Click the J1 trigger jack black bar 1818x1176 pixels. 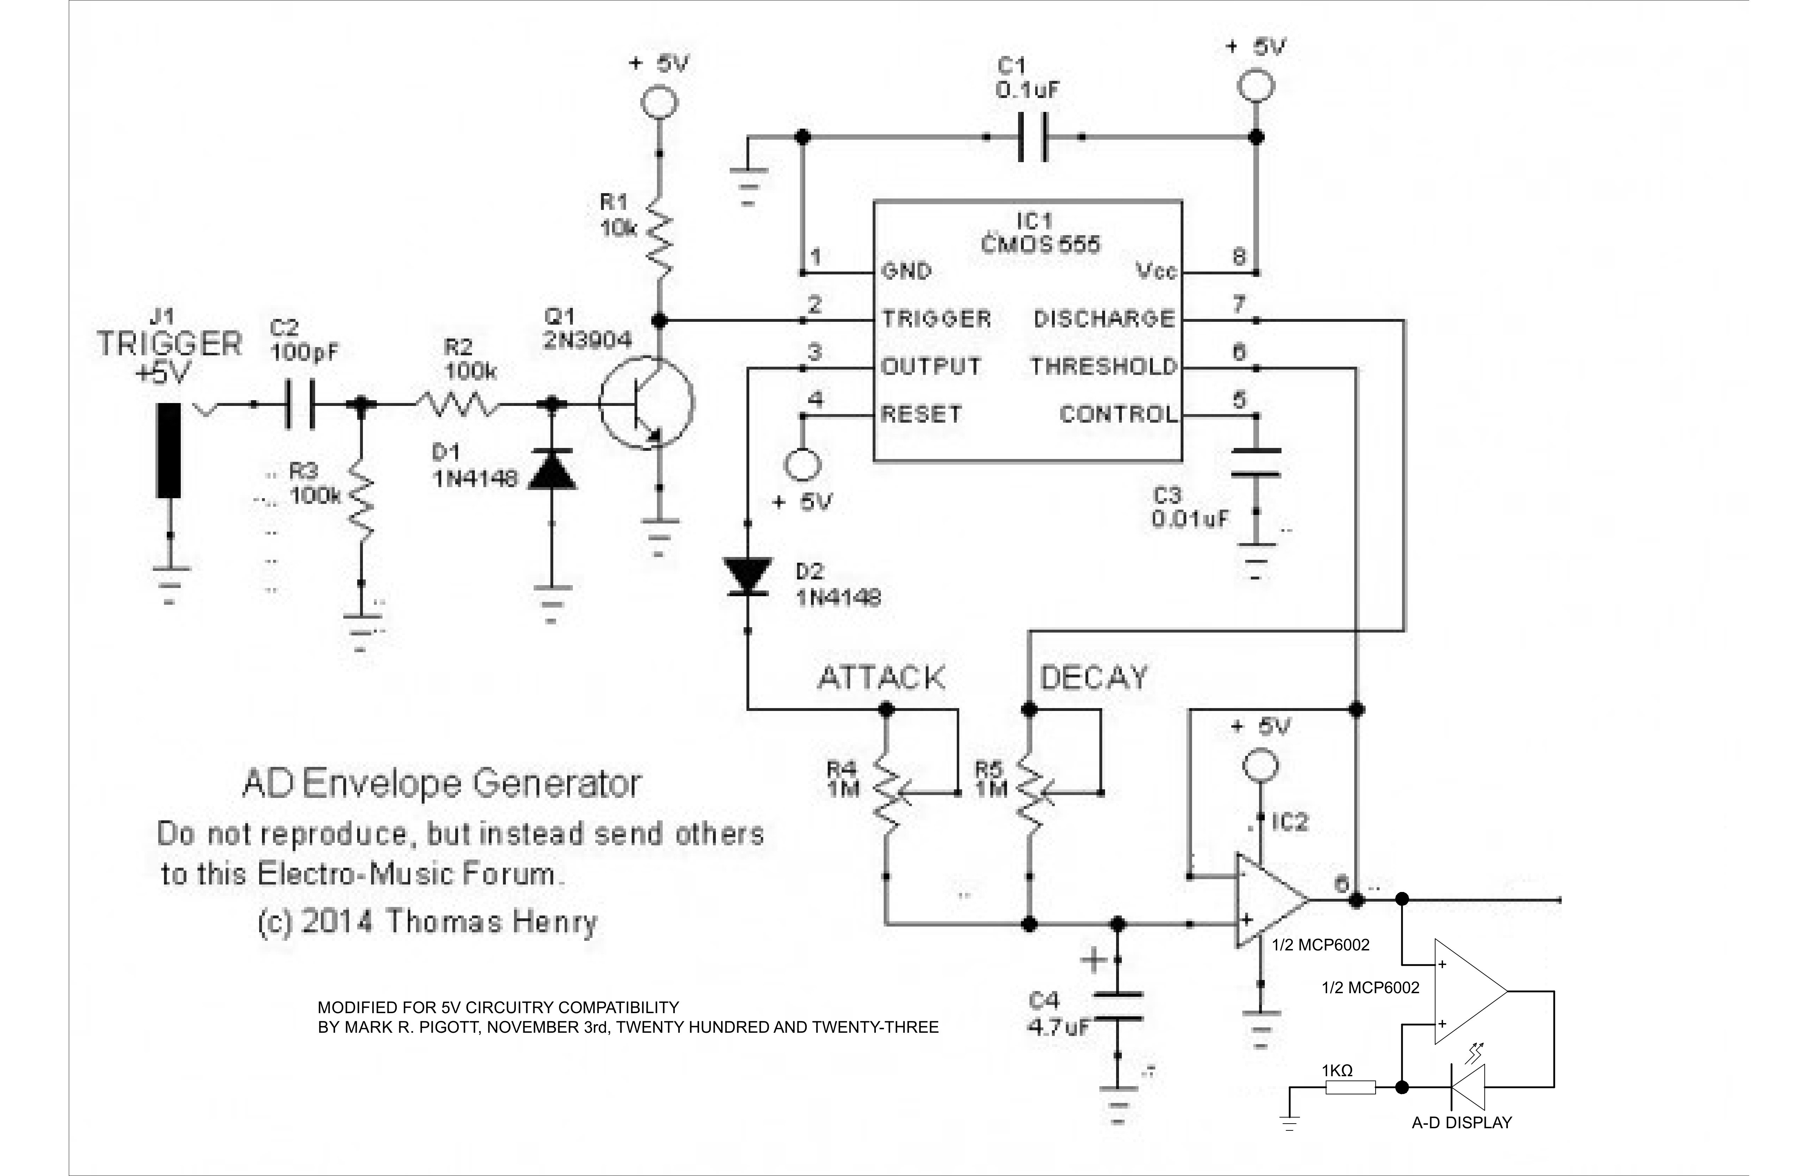[169, 450]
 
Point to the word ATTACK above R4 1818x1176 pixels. [881, 677]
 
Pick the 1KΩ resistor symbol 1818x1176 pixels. [1350, 1087]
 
